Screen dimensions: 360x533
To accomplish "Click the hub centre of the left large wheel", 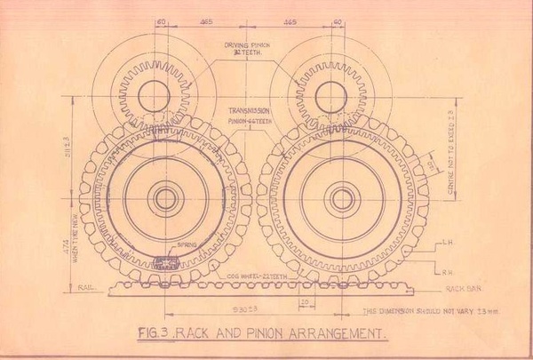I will [x=165, y=198].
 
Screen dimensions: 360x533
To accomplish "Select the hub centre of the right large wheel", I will [x=342, y=198].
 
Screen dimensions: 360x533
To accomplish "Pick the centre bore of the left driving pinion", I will [x=155, y=92].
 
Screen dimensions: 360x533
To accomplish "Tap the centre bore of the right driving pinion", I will [x=330, y=93].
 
